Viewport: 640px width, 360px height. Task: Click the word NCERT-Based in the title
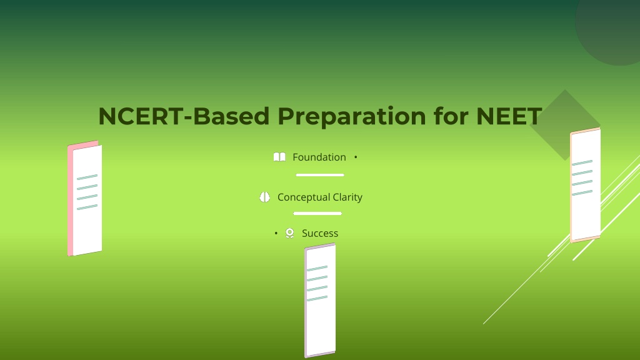click(x=184, y=116)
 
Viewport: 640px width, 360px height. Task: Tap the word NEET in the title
click(x=509, y=116)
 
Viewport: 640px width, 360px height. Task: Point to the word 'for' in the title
click(x=451, y=116)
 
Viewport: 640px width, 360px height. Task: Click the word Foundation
click(x=319, y=157)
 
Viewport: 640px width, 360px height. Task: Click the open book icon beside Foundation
click(x=279, y=157)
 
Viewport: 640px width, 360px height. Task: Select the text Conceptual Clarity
click(x=320, y=197)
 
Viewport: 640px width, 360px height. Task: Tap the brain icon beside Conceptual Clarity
click(x=264, y=197)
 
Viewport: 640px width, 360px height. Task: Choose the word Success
click(x=320, y=234)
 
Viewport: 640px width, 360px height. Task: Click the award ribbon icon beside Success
click(x=290, y=233)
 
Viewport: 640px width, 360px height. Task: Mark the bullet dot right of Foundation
click(x=356, y=157)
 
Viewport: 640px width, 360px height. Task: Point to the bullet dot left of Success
click(x=276, y=233)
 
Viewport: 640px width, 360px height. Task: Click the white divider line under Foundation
click(x=320, y=175)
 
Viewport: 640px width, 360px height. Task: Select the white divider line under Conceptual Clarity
click(x=317, y=214)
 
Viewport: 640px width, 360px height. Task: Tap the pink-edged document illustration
click(x=85, y=198)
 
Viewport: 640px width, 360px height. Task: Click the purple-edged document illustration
click(x=320, y=301)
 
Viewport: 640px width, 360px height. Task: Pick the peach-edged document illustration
click(x=585, y=185)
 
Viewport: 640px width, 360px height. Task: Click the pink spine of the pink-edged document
click(x=70, y=200)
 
